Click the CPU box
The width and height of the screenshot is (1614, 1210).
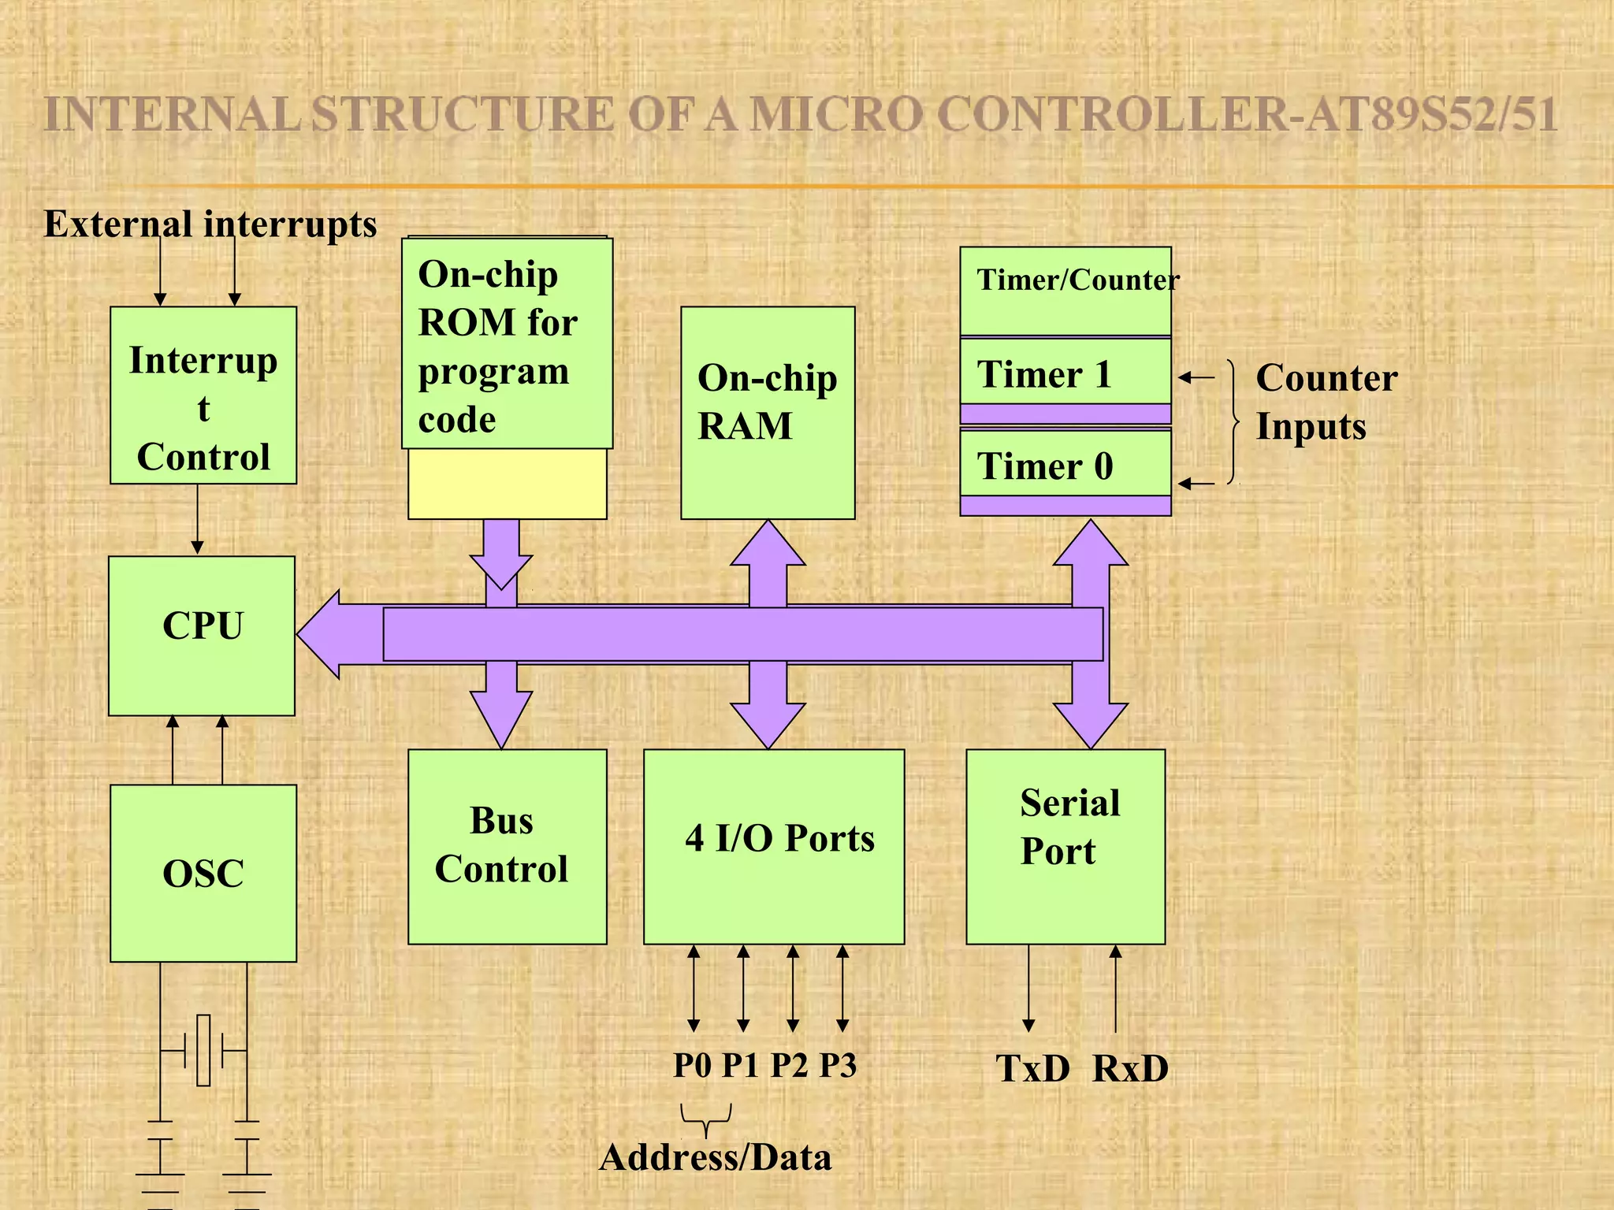[202, 636]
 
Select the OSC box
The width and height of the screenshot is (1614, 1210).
[203, 873]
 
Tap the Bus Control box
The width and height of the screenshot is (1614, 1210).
[507, 846]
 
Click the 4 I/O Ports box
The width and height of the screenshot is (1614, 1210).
[774, 846]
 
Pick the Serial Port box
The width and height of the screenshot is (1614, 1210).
[1065, 846]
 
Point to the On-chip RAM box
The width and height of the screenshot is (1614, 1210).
[768, 412]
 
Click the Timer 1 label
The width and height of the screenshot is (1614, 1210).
[1044, 374]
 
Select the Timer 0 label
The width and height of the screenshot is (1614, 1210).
[1045, 466]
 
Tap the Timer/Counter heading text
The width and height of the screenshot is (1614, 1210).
[1077, 280]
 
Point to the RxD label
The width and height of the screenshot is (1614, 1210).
[1130, 1069]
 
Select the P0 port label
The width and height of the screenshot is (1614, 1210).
[692, 1065]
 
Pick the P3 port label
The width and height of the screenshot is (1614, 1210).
[838, 1065]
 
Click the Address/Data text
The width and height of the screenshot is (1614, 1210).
[715, 1157]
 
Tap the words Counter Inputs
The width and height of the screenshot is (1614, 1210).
[1326, 402]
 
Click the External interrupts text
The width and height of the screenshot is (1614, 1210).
[210, 224]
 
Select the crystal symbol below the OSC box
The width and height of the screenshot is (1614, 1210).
[203, 1051]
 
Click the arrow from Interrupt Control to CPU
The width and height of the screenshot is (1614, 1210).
[197, 519]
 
